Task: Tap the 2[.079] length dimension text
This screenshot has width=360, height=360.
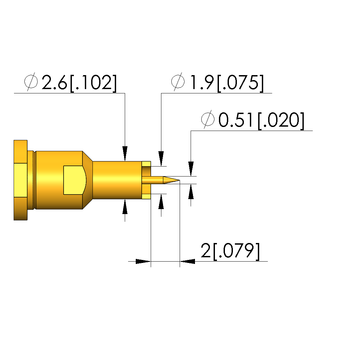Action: tap(230, 251)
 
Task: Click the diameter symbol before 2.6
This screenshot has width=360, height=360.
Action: tap(31, 81)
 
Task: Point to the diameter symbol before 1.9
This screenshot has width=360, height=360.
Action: tap(178, 81)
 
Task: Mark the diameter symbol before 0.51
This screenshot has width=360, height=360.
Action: tap(208, 119)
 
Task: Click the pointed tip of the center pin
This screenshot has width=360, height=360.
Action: tap(179, 180)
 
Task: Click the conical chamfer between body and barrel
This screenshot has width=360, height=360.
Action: tap(88, 180)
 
